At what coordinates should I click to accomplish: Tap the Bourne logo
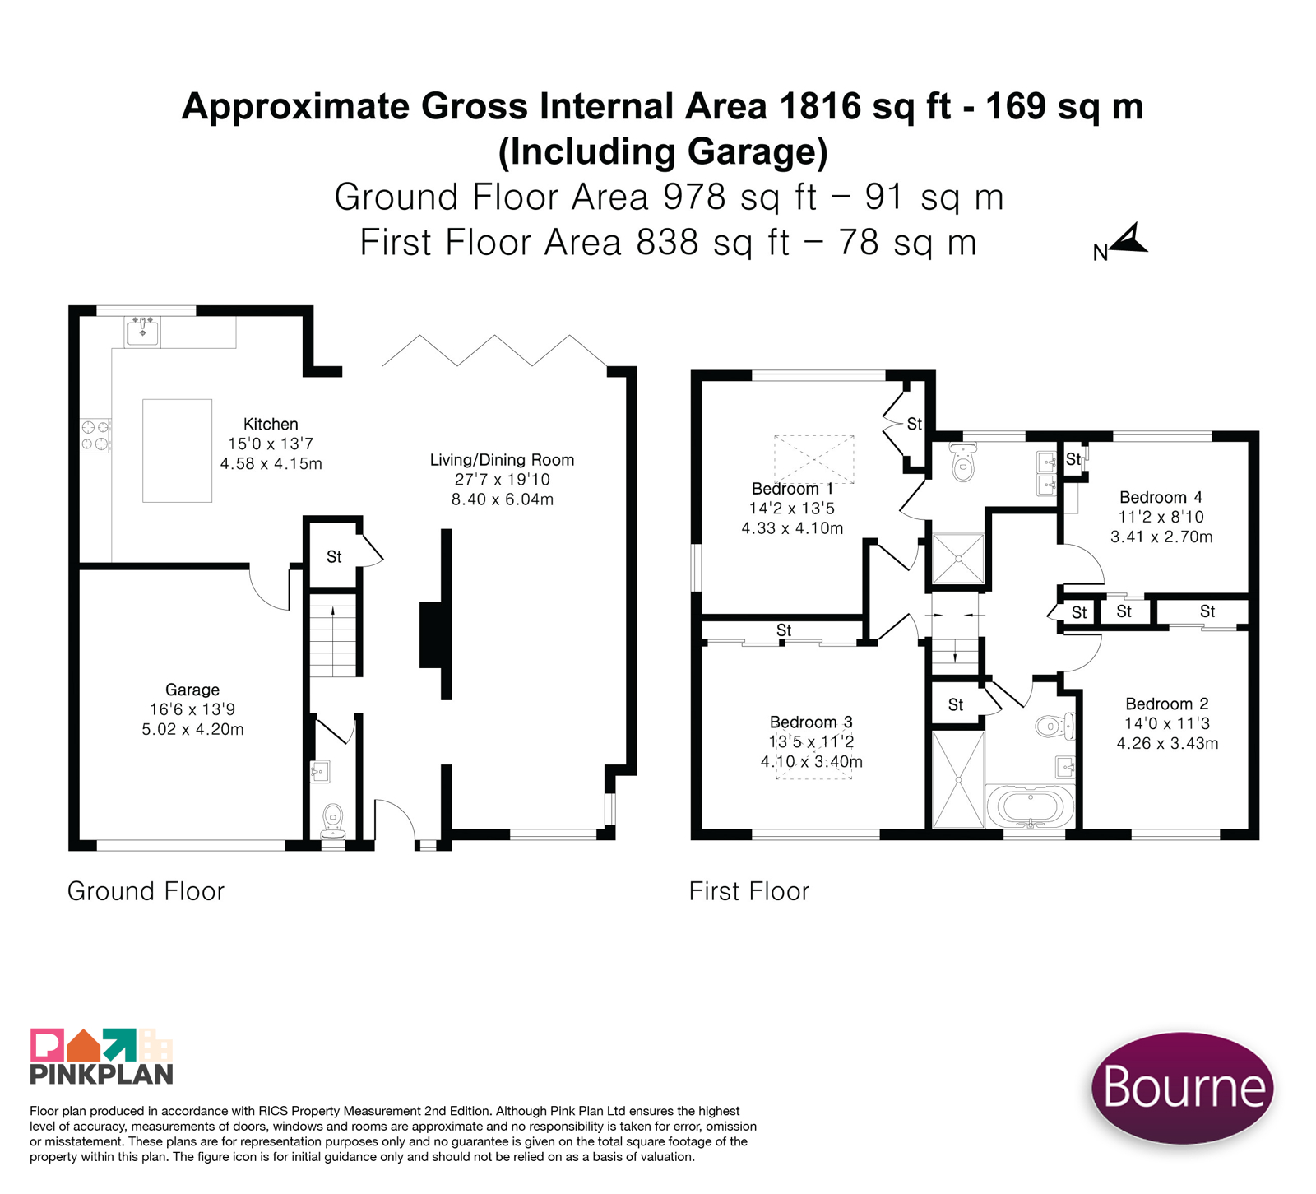click(x=1182, y=1087)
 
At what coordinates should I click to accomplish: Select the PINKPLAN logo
click(x=101, y=1056)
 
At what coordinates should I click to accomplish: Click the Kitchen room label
click(x=271, y=425)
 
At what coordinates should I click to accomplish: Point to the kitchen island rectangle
click(x=177, y=450)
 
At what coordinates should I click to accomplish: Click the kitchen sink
click(x=142, y=331)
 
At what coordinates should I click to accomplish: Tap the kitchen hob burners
click(x=95, y=435)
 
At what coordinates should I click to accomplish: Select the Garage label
click(x=192, y=690)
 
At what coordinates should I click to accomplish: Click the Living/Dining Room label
click(x=502, y=460)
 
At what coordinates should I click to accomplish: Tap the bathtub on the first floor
click(x=1030, y=806)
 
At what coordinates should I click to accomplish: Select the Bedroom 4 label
click(x=1161, y=497)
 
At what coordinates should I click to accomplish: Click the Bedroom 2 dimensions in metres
click(x=1167, y=743)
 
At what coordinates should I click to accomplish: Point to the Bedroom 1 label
click(x=792, y=489)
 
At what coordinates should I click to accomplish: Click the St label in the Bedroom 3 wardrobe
click(x=784, y=630)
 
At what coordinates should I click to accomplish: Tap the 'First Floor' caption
click(x=748, y=891)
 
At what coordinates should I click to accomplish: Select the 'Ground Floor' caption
click(x=146, y=891)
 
